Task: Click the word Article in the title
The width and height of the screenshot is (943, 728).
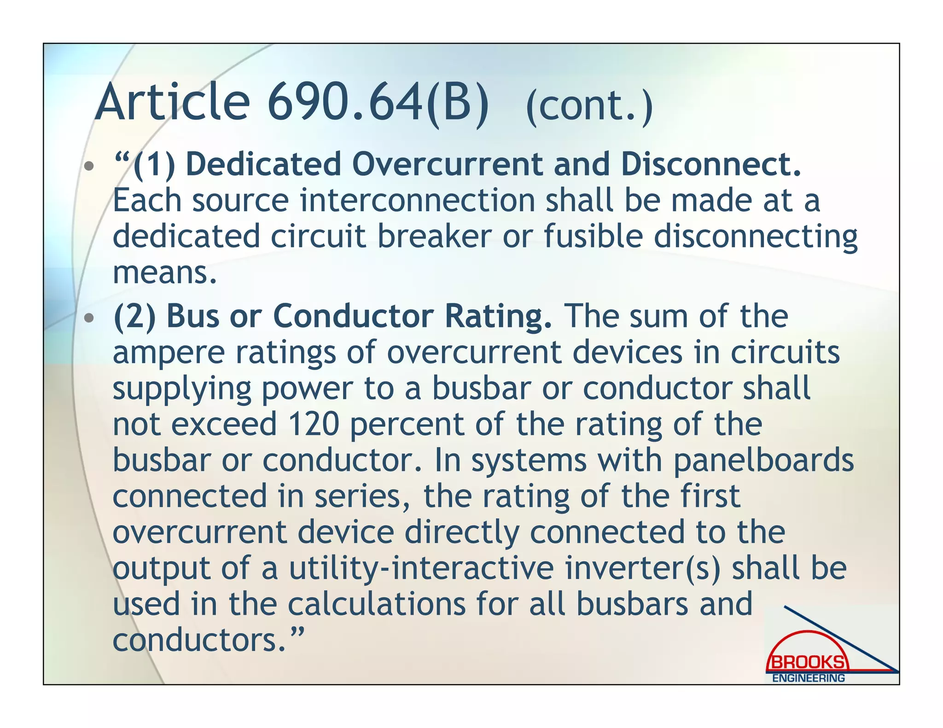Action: pyautogui.click(x=172, y=102)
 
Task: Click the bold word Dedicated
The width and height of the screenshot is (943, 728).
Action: pyautogui.click(x=263, y=164)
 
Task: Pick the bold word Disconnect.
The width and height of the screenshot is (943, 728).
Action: pyautogui.click(x=711, y=164)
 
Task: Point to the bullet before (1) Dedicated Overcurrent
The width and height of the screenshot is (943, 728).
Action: pyautogui.click(x=89, y=166)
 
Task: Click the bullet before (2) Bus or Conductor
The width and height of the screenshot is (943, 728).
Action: pyautogui.click(x=89, y=318)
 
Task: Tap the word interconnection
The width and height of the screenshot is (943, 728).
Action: pyautogui.click(x=417, y=201)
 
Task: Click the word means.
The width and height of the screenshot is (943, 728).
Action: pyautogui.click(x=164, y=272)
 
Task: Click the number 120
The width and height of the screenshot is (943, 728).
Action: pyautogui.click(x=314, y=424)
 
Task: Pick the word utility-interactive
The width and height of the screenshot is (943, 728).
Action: pyautogui.click(x=421, y=568)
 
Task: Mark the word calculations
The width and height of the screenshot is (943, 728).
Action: pyautogui.click(x=377, y=604)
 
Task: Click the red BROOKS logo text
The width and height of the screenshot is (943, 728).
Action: pyautogui.click(x=807, y=663)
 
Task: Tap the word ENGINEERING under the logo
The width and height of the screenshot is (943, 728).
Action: pyautogui.click(x=808, y=678)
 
